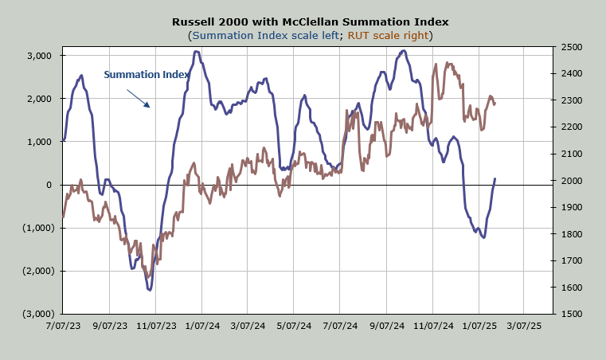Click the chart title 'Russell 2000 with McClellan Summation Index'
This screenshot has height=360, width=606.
[303, 22]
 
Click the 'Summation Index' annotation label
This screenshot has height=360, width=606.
[147, 75]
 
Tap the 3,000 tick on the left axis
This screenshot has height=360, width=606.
[38, 56]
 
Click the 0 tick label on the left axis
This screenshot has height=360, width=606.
[49, 185]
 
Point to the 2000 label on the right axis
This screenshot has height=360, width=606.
[571, 181]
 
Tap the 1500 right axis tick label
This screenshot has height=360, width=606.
[571, 314]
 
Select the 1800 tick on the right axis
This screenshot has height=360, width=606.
[571, 234]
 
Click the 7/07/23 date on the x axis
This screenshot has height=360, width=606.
[64, 326]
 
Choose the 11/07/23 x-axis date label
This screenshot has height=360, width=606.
[156, 326]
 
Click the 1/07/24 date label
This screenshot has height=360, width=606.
[202, 326]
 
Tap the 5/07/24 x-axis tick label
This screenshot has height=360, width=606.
[294, 326]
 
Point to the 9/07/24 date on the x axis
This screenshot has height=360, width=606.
[386, 326]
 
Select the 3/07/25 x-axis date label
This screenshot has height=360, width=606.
[524, 326]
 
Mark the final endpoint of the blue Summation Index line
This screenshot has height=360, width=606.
[495, 179]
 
